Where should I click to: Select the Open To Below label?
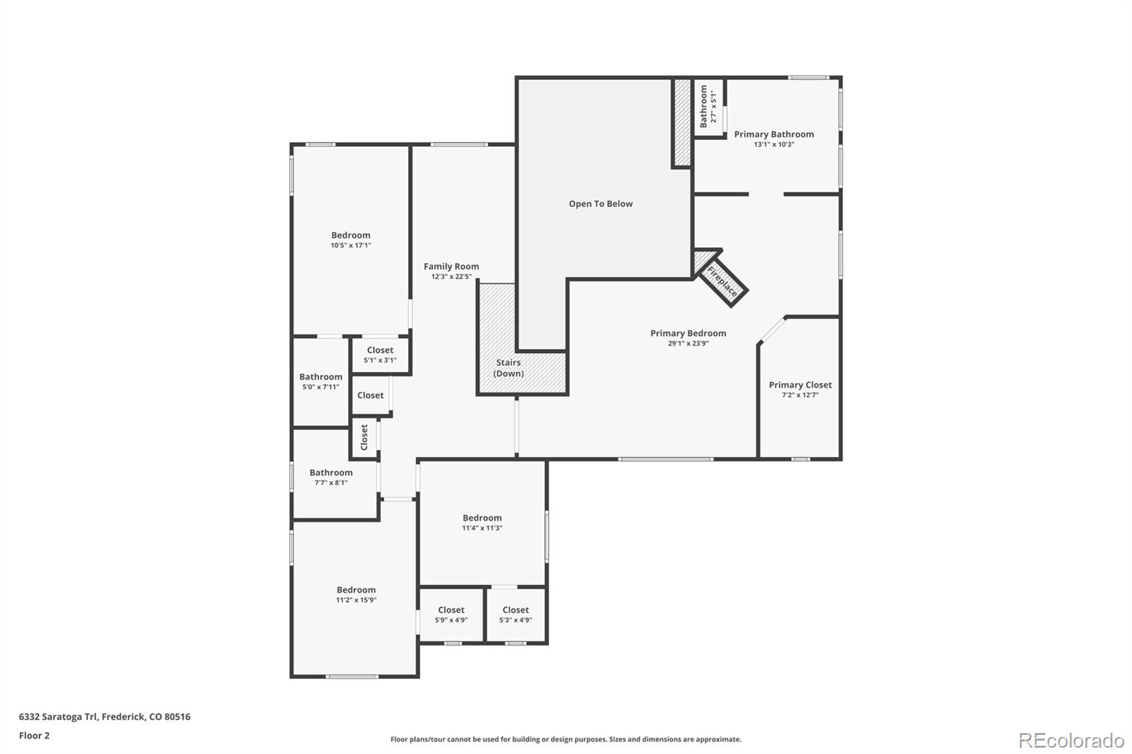click(601, 204)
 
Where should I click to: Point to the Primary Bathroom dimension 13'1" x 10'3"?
click(774, 144)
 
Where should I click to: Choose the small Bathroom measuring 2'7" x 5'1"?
click(708, 107)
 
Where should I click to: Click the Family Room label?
click(451, 267)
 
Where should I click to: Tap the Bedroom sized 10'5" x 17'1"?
click(351, 240)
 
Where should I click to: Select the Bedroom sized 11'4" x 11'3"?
click(483, 522)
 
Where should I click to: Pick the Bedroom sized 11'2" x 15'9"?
click(356, 594)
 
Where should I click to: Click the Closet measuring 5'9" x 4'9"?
click(451, 614)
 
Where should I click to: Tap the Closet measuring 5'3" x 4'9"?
click(516, 614)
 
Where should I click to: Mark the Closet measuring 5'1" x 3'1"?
click(380, 354)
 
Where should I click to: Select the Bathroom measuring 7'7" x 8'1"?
click(331, 477)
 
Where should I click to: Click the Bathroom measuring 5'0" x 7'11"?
click(320, 381)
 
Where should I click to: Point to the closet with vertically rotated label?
click(364, 437)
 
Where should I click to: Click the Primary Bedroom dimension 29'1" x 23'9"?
click(688, 344)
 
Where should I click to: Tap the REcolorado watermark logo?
click(1071, 741)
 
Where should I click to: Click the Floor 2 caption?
click(34, 736)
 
